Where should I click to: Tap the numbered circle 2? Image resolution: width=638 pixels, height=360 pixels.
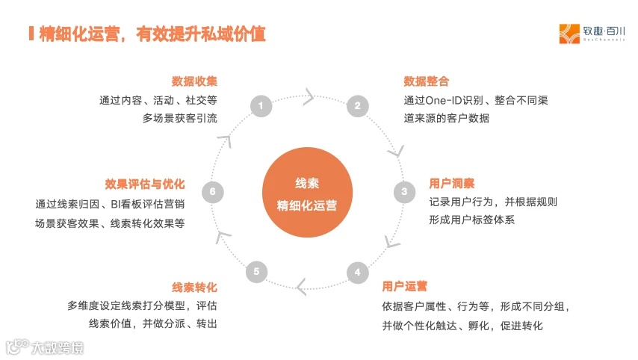(x=357, y=106)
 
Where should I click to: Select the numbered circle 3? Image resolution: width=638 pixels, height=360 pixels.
(x=404, y=192)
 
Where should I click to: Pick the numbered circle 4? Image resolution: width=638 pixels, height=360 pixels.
(x=357, y=272)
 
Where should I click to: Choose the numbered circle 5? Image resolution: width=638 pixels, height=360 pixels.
(x=256, y=272)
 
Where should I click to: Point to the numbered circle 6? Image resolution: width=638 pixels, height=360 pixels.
(x=213, y=192)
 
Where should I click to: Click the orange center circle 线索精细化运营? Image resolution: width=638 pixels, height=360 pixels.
(x=307, y=194)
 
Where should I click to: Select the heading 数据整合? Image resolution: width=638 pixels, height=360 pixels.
(x=426, y=81)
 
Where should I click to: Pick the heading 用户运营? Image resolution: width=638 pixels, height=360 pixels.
(x=404, y=286)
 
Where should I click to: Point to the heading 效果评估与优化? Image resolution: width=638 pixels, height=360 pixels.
(x=146, y=184)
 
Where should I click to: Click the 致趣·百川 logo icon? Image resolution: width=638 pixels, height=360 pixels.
(x=569, y=34)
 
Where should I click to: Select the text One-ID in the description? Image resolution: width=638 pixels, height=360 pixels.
(x=447, y=100)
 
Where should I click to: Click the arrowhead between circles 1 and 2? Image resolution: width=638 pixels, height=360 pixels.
(x=308, y=95)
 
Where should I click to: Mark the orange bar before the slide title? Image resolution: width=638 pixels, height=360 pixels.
(x=31, y=34)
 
